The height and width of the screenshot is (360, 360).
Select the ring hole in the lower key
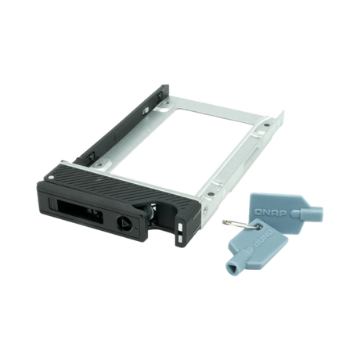[243, 229]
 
